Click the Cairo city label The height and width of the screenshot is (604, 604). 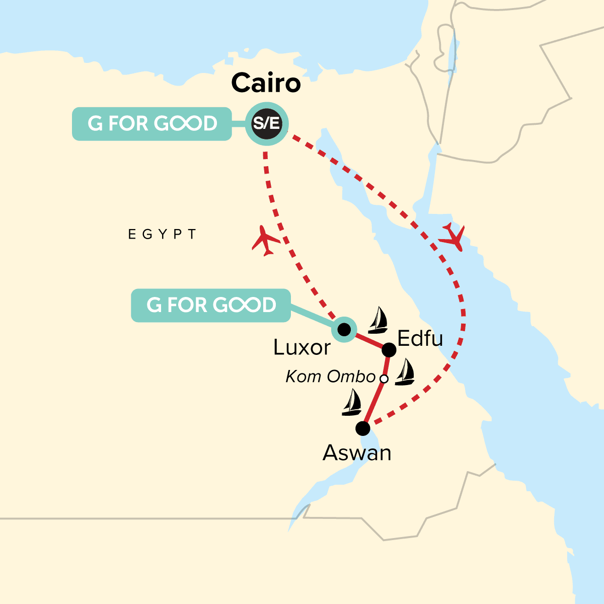[x=266, y=83]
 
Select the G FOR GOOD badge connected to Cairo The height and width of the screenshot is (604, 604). [x=152, y=124]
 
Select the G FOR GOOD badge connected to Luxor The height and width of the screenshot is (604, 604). [x=211, y=306]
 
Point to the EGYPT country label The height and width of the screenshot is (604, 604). [x=162, y=235]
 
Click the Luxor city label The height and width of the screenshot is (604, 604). [x=301, y=347]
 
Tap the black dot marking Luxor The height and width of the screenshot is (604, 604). [x=344, y=330]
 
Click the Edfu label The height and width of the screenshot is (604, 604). [x=420, y=339]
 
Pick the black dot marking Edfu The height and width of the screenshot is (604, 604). [x=389, y=349]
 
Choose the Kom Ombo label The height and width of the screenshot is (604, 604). [x=331, y=376]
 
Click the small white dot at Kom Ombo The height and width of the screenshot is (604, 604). [x=384, y=378]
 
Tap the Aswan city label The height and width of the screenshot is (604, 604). [x=357, y=453]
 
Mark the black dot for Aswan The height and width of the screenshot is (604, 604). [x=362, y=429]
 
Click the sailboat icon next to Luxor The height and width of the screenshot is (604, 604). [x=378, y=321]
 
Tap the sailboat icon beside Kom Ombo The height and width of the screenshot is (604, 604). [x=405, y=373]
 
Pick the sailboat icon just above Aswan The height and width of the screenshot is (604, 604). [x=352, y=403]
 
